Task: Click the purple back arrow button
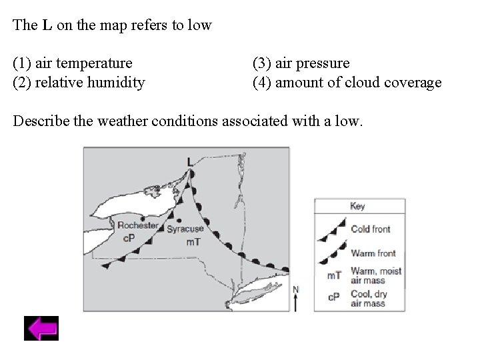point(41,329)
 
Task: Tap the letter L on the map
point(190,161)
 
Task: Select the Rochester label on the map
point(138,225)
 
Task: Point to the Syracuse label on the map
point(185,229)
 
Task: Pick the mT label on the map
point(192,242)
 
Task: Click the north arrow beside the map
point(295,299)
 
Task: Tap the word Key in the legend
point(358,207)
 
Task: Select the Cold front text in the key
point(371,229)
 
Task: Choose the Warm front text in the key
point(373,253)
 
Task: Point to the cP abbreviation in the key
point(335,296)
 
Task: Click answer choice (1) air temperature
point(73,63)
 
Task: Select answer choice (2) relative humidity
point(79,83)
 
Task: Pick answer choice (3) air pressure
point(301,63)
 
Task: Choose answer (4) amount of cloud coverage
point(347,83)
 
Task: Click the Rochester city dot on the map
point(124,218)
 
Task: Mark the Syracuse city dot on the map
point(179,221)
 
